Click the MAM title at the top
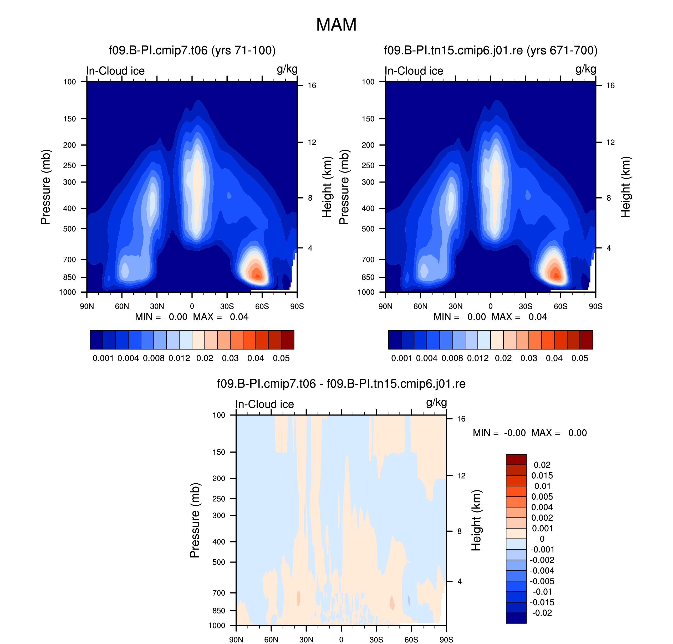(x=336, y=25)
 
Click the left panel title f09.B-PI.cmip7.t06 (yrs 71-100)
(x=192, y=50)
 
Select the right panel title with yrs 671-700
(x=490, y=50)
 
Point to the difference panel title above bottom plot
(x=341, y=383)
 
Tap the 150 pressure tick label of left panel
(x=70, y=119)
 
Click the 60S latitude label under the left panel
(x=262, y=306)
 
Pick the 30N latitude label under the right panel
(x=455, y=306)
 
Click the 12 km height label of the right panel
(x=610, y=142)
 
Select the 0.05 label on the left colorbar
(x=281, y=358)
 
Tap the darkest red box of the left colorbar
(x=288, y=339)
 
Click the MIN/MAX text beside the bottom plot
(x=529, y=433)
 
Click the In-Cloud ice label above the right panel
(x=414, y=71)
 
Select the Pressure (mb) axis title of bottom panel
(x=195, y=520)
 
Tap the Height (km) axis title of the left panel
(x=327, y=187)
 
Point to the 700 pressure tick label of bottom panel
(x=219, y=593)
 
